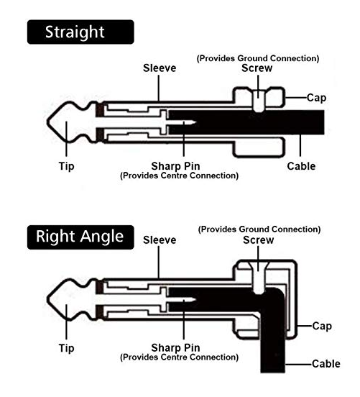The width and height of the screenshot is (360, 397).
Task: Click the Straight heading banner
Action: pyautogui.click(x=80, y=32)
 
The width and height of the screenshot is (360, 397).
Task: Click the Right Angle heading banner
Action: pyautogui.click(x=80, y=237)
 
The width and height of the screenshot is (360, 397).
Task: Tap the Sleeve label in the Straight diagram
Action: pyautogui.click(x=160, y=68)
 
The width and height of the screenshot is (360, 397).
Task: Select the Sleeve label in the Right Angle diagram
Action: pyautogui.click(x=160, y=240)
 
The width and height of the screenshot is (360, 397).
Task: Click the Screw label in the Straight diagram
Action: pyautogui.click(x=257, y=68)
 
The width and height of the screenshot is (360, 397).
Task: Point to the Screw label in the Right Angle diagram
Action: pyautogui.click(x=258, y=240)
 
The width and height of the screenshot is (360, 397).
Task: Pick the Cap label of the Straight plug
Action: pyautogui.click(x=316, y=98)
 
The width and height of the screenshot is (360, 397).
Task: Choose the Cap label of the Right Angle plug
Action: pyautogui.click(x=322, y=326)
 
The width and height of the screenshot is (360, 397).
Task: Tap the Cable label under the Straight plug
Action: pyautogui.click(x=301, y=166)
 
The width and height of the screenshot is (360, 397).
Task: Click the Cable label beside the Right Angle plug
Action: pyautogui.click(x=326, y=364)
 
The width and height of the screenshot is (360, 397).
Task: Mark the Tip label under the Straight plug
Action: pyautogui.click(x=67, y=167)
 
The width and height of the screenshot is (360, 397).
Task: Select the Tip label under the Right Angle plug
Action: pyautogui.click(x=67, y=348)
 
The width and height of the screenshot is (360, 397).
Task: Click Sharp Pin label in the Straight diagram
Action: pyautogui.click(x=175, y=166)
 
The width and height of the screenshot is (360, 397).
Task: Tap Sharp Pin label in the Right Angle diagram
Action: pyautogui.click(x=175, y=348)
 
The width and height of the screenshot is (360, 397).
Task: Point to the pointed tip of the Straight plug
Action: pyautogui.click(x=47, y=122)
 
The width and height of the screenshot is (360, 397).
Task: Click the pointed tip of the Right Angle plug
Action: pyautogui.click(x=47, y=299)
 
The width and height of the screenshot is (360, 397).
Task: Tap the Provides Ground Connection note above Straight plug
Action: pyautogui.click(x=258, y=58)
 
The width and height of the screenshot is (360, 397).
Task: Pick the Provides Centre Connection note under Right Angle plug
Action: pyautogui.click(x=179, y=357)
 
